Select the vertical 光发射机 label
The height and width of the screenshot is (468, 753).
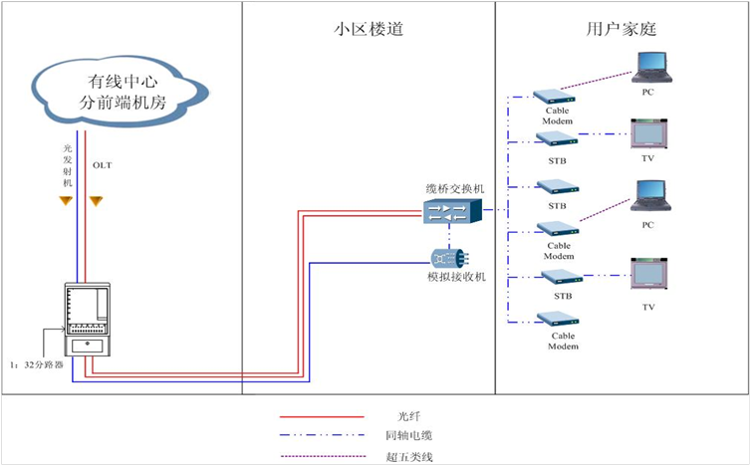pos(67,163)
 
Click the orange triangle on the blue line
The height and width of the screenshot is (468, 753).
pos(66,201)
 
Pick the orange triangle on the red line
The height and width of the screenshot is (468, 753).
pos(96,201)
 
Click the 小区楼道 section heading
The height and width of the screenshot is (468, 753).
pos(368,30)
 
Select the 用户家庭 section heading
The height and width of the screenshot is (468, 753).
pos(621,30)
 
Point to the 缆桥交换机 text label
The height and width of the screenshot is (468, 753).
pos(454,188)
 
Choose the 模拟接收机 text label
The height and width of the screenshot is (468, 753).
pos(455,276)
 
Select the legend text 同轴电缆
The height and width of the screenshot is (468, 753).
pos(410,435)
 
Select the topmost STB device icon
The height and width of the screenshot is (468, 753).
pos(557,138)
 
